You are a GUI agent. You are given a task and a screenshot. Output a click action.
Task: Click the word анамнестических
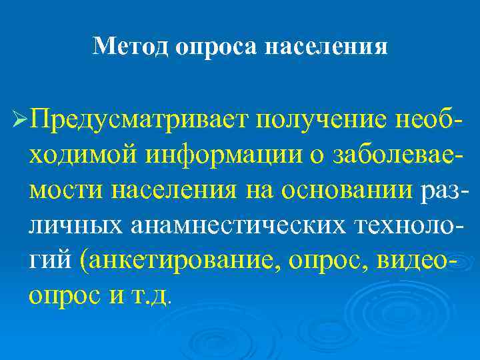pyautogui.click(x=230, y=224)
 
